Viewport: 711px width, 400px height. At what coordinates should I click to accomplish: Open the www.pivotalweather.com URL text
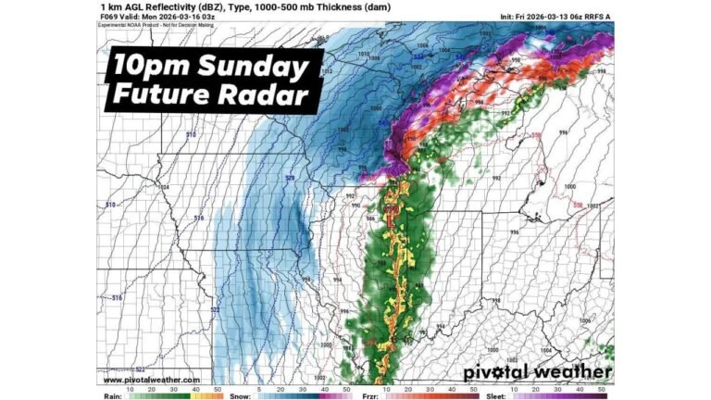tap(151, 380)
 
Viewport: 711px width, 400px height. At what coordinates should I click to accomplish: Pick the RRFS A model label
tap(598, 17)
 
